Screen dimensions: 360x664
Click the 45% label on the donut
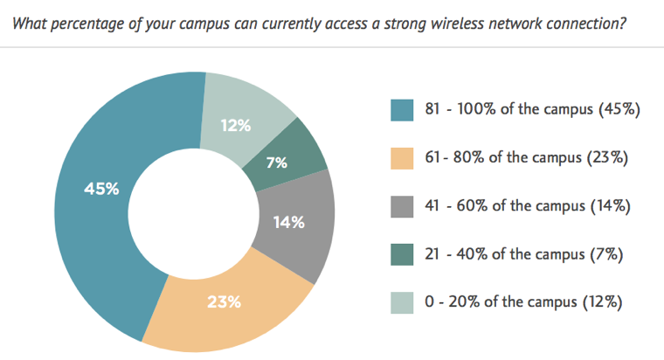(x=101, y=188)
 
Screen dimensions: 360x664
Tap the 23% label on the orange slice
(x=225, y=302)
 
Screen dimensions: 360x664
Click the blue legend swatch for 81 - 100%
(x=402, y=110)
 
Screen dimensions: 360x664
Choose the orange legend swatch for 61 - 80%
(x=402, y=158)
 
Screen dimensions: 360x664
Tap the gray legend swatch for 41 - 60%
(x=402, y=206)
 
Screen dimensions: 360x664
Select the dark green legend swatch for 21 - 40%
(x=402, y=254)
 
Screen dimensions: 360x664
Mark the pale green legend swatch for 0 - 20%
(x=402, y=302)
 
